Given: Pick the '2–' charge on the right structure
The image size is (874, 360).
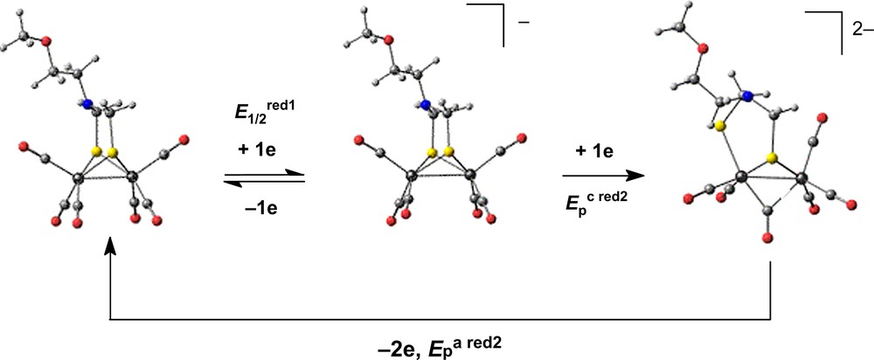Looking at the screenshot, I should pos(862,28).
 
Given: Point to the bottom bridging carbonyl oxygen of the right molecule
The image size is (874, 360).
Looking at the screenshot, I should pos(769,238).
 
